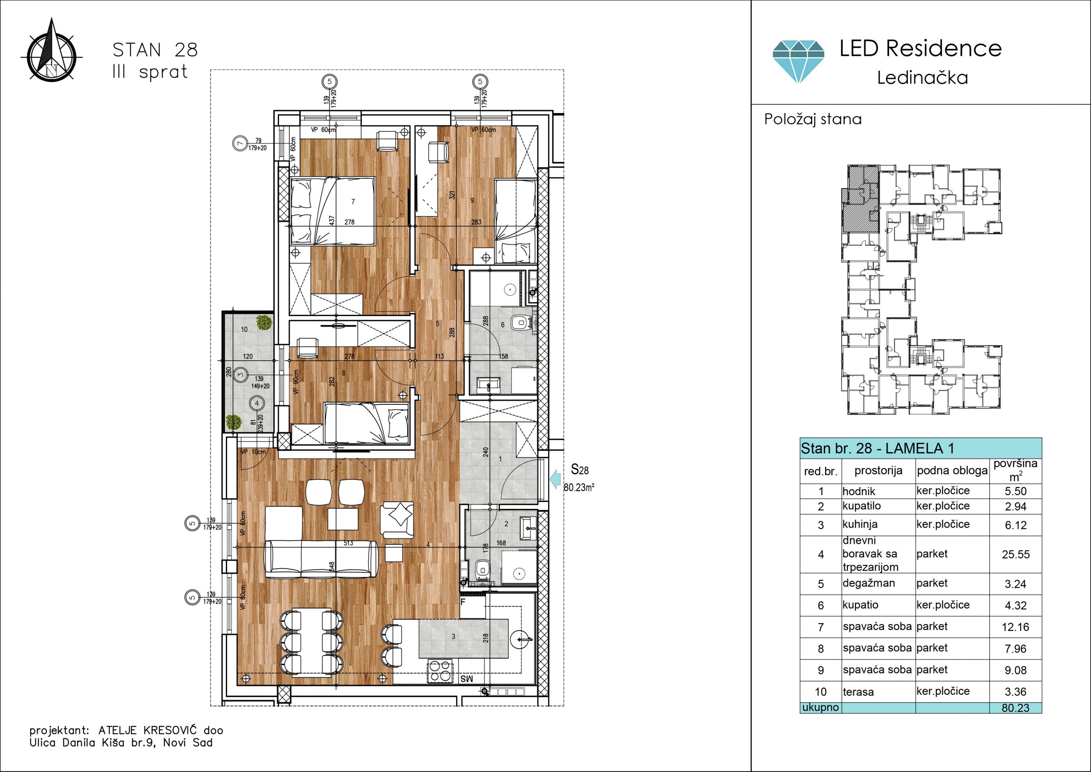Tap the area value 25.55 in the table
[x=1016, y=554]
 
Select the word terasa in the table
[x=858, y=692]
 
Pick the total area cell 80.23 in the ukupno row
[x=1016, y=708]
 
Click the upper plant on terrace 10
[x=264, y=322]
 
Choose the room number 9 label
[x=472, y=201]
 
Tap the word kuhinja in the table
[x=860, y=524]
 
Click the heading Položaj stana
[x=813, y=119]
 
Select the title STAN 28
[x=155, y=50]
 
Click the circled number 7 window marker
[x=240, y=143]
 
